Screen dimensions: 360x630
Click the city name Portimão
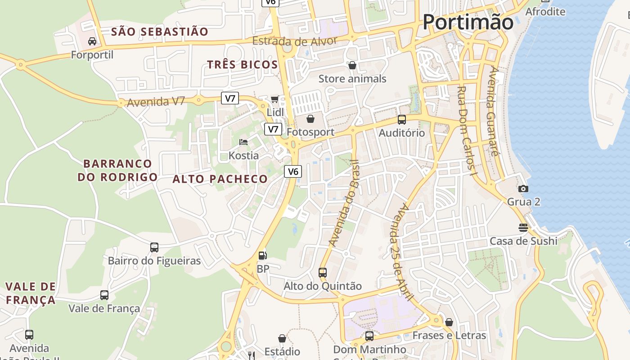468,22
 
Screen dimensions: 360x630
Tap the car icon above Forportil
92,41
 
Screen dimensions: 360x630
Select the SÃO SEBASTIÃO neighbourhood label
159,31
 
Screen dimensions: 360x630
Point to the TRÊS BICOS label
242,64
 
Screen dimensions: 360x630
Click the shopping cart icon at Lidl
274,99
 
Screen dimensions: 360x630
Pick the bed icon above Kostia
243,142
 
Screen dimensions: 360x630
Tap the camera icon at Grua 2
523,189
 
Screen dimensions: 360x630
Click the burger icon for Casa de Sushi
523,227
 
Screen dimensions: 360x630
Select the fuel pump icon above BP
262,256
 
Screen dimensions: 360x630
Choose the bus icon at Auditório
401,120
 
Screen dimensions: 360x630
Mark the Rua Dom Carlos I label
466,130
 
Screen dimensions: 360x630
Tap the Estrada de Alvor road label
294,41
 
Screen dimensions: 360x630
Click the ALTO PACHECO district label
220,179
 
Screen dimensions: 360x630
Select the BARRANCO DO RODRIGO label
117,170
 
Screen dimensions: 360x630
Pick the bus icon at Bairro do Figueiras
154,247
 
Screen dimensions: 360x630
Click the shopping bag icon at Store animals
352,66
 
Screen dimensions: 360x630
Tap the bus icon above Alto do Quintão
322,272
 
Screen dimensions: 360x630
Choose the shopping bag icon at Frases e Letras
449,322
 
